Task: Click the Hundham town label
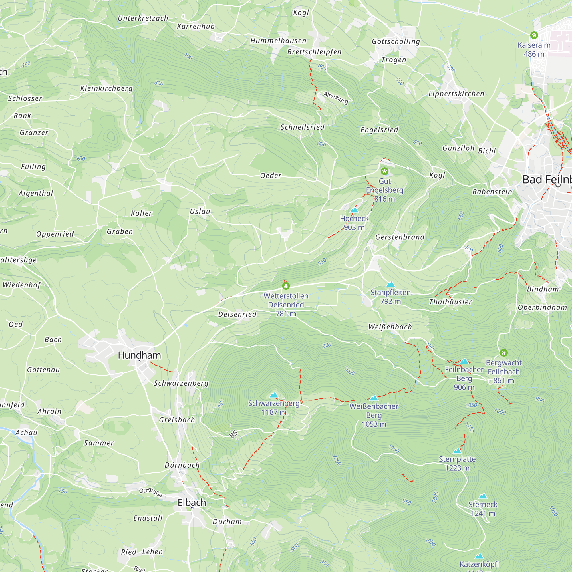139,355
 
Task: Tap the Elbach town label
192,503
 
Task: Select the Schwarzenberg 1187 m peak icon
274,395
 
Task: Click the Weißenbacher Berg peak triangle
374,398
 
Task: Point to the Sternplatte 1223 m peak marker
457,451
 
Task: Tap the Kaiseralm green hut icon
534,35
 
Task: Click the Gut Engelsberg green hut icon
384,171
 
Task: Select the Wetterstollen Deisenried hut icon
286,286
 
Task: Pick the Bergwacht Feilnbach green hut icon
504,353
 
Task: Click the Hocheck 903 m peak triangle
354,210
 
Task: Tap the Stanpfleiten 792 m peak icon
390,284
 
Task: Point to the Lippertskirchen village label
456,94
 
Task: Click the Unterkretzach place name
143,18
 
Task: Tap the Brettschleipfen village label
314,52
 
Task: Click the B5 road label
233,434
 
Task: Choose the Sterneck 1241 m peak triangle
483,496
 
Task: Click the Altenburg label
336,98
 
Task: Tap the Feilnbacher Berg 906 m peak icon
464,361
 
